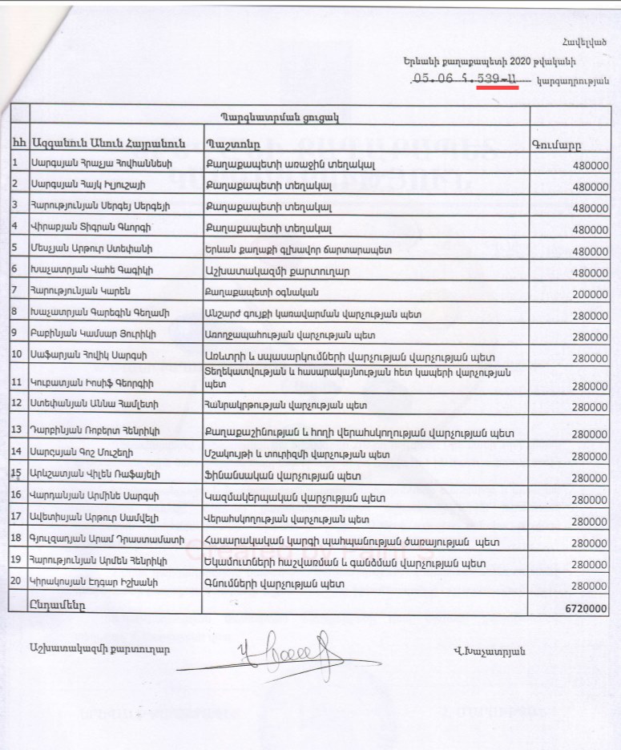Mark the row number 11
[18, 380]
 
